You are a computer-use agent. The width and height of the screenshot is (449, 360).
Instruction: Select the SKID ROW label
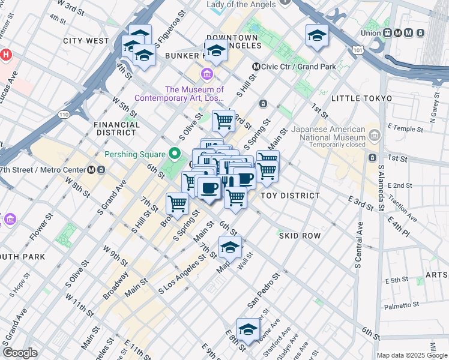pos(300,236)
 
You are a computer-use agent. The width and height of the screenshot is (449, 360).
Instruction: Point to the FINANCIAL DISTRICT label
pos(116,128)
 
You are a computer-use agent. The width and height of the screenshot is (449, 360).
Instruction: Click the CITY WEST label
pos(86,41)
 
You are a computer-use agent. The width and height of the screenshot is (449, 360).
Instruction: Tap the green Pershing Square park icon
pos(176,154)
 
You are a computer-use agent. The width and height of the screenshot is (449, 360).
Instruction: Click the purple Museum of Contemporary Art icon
pos(207,74)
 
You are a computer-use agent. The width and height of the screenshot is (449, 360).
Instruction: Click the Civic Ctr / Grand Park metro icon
pos(256,67)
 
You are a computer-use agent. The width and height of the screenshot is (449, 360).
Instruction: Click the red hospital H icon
pos(6,55)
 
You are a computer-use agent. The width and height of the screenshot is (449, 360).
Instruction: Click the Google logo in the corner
pos(20,353)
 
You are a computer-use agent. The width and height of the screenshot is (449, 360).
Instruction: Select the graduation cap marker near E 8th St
pos(248,329)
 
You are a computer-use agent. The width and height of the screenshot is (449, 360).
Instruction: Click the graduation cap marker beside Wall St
pos(230,247)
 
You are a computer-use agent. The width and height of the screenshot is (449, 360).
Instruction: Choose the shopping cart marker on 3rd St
pos(223,120)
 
